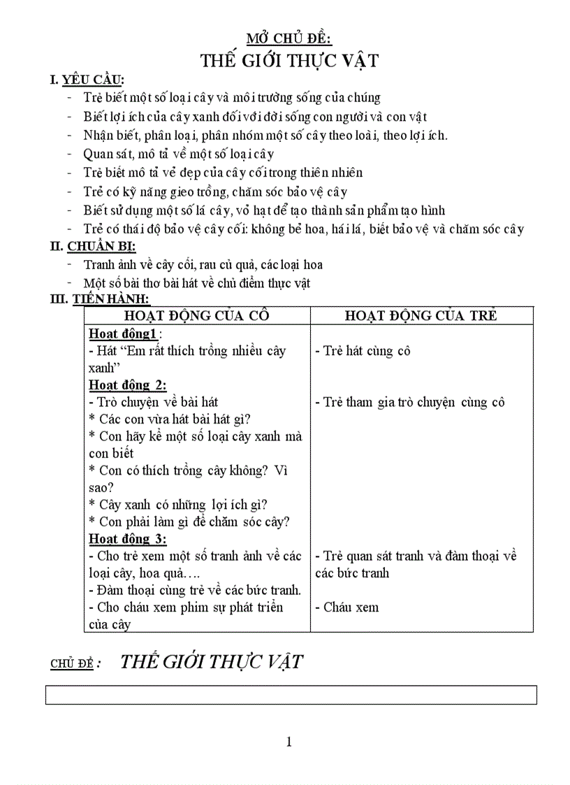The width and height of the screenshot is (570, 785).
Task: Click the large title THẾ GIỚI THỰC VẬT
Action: click(x=289, y=61)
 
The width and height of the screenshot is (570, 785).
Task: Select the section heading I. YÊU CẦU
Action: click(x=87, y=81)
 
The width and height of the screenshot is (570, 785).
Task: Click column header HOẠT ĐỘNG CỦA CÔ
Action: click(x=196, y=315)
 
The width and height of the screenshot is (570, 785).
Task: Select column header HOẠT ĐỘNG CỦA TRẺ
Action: click(x=421, y=315)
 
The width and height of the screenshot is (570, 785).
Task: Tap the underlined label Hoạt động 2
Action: click(x=127, y=384)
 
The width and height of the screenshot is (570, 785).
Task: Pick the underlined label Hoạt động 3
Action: click(x=127, y=539)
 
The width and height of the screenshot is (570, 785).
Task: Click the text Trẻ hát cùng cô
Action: click(x=362, y=351)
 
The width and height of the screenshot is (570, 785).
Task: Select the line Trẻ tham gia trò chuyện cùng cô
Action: click(x=409, y=402)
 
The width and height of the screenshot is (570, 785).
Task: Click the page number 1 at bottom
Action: click(x=289, y=742)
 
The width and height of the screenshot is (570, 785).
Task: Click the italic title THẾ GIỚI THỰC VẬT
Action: click(x=212, y=661)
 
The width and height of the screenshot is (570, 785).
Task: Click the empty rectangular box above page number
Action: click(x=291, y=695)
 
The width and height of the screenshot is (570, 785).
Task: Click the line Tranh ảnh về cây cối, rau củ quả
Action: click(x=203, y=265)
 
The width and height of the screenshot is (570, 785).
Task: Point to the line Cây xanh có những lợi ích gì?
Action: click(x=178, y=505)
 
